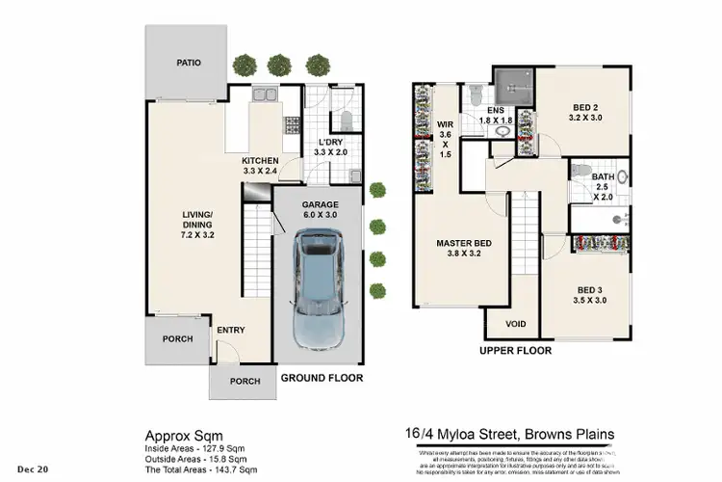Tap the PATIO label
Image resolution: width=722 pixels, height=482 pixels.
188,64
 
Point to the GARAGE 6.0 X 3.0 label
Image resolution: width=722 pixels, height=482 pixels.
321,210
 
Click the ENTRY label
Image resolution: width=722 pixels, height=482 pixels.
230,331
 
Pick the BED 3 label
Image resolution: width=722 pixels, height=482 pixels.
591,294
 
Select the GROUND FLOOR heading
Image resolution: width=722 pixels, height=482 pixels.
321,378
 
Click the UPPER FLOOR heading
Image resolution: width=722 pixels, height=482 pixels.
515,351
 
